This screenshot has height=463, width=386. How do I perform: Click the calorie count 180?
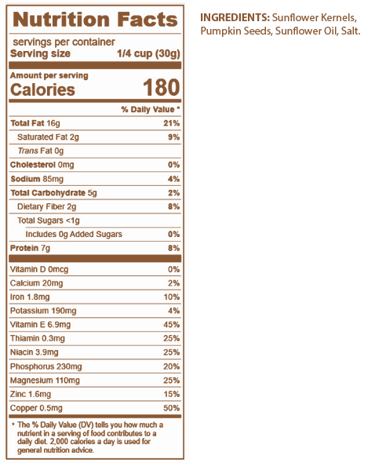(x=161, y=88)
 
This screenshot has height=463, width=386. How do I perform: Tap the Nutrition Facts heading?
(x=95, y=20)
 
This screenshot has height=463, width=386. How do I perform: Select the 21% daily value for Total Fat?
(x=172, y=123)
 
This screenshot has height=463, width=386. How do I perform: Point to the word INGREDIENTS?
(x=235, y=18)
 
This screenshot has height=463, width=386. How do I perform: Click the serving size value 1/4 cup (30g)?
(x=148, y=53)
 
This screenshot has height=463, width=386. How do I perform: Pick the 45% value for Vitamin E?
(x=172, y=325)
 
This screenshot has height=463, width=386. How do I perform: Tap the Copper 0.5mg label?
(x=36, y=408)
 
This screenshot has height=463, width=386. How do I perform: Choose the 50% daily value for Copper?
(x=172, y=408)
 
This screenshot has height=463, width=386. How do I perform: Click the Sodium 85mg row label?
(x=37, y=179)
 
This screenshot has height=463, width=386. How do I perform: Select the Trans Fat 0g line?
(x=41, y=151)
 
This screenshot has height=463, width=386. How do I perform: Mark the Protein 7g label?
(x=30, y=248)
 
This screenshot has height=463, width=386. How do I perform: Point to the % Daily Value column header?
(x=151, y=110)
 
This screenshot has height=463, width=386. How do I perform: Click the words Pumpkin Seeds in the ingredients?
(x=236, y=31)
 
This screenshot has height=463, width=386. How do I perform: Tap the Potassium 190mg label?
(x=43, y=311)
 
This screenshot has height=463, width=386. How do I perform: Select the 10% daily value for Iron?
(x=172, y=297)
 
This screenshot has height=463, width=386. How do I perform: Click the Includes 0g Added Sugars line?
(x=74, y=235)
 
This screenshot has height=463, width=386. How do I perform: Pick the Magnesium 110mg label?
(x=45, y=381)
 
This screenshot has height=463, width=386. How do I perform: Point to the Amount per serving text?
(x=49, y=75)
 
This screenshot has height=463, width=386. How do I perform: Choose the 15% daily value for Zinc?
(x=172, y=394)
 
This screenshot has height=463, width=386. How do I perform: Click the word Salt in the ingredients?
(x=351, y=31)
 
